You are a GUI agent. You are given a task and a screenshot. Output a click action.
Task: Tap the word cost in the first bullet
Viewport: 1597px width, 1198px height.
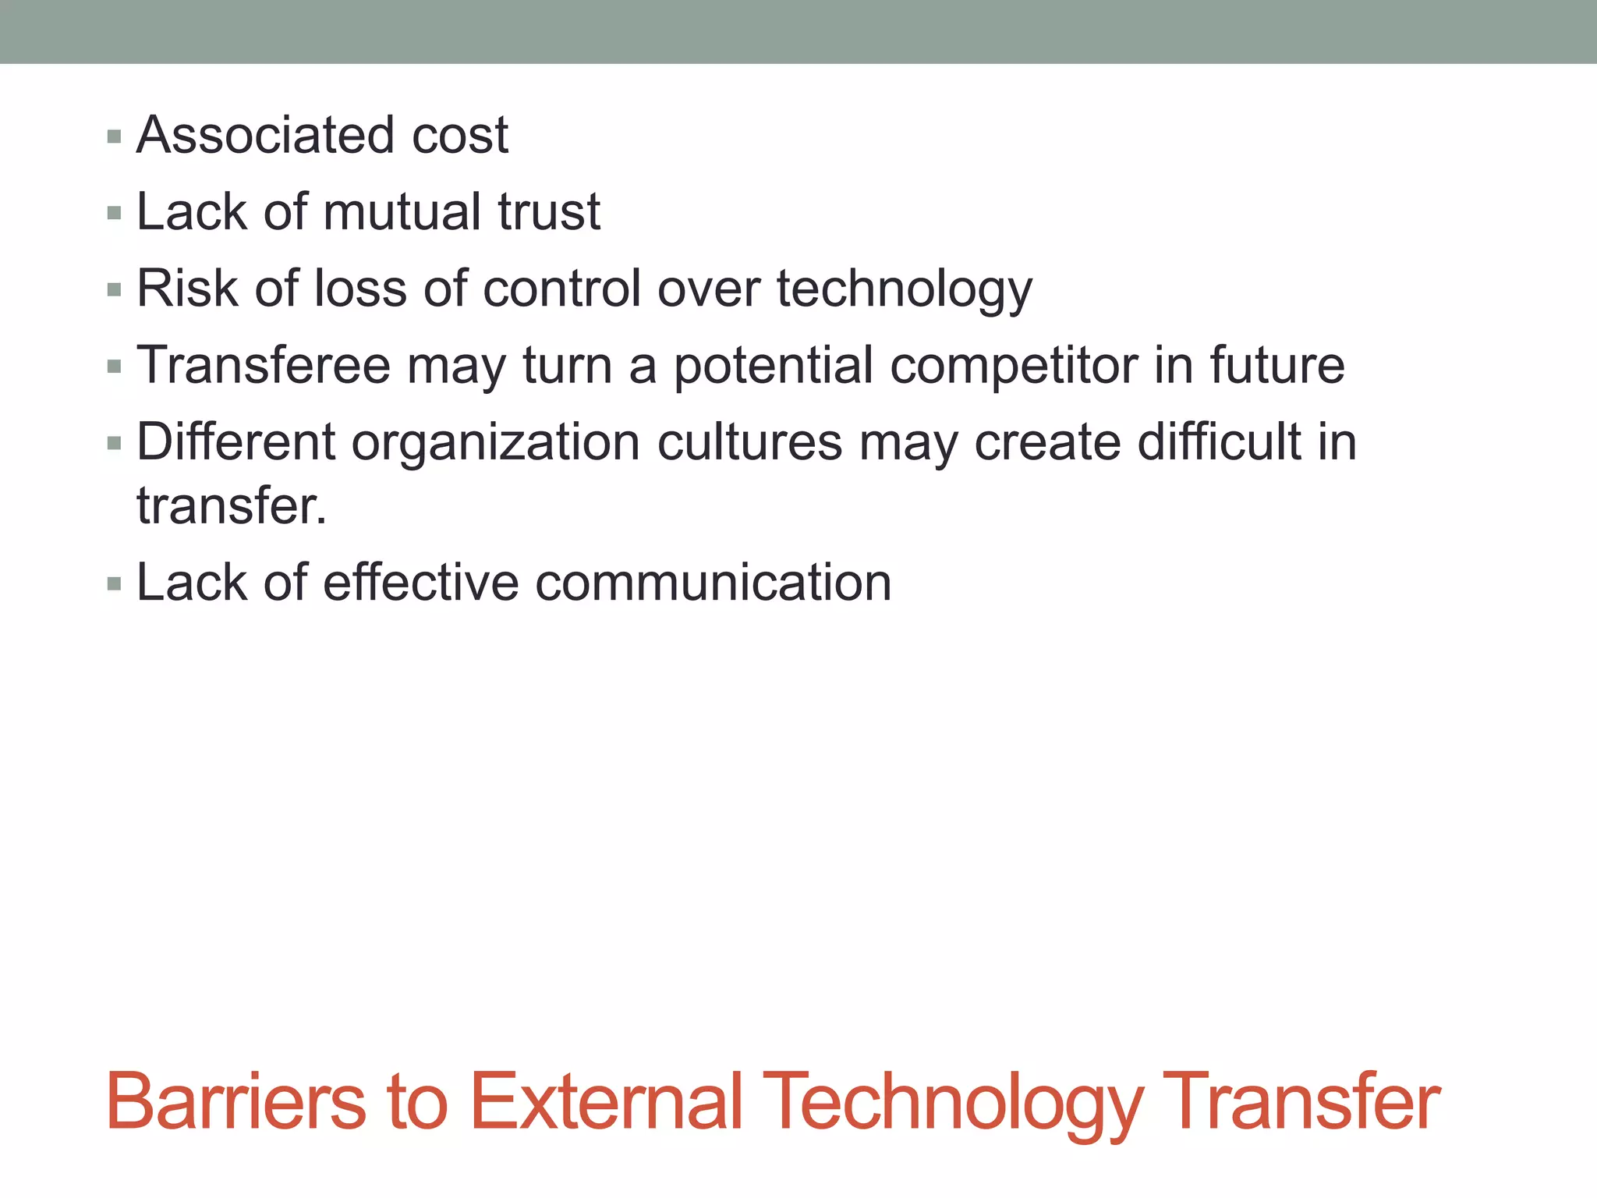click(x=460, y=136)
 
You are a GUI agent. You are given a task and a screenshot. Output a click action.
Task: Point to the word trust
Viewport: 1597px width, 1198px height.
click(x=549, y=212)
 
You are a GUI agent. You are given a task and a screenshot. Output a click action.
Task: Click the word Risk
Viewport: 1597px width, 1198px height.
click(x=187, y=289)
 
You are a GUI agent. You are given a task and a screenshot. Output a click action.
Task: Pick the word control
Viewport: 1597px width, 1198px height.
click(x=563, y=289)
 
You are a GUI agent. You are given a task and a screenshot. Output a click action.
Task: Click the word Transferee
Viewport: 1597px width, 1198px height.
click(x=264, y=365)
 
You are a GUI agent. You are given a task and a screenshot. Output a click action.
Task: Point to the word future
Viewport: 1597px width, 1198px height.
click(x=1277, y=365)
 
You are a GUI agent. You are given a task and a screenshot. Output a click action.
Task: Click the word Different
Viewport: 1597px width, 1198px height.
click(x=235, y=442)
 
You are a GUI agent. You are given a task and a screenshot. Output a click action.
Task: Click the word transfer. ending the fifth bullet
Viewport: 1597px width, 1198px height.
click(x=232, y=506)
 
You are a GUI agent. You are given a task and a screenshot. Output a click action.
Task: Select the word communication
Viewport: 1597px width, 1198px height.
click(x=713, y=583)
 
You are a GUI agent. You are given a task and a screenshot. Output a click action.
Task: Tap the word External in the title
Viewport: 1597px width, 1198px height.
click(x=606, y=1101)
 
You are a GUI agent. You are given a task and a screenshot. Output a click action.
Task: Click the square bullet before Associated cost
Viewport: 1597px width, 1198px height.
click(x=115, y=137)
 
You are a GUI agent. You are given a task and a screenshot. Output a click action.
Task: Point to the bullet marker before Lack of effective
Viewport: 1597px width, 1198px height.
click(x=115, y=584)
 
